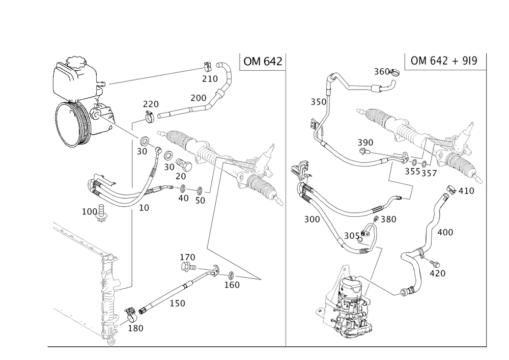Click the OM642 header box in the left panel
coord(262,62)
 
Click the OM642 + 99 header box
coord(444,61)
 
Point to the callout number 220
coord(151,104)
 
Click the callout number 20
coord(181,175)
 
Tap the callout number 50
coord(200,200)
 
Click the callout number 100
coord(89,210)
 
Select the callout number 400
coord(446,232)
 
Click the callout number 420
coord(437,273)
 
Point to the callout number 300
coord(312,219)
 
